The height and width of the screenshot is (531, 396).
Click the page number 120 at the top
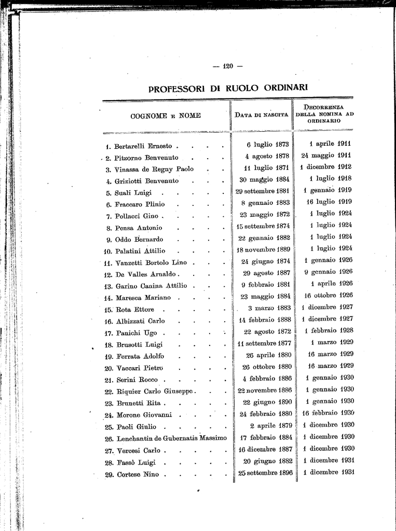click(x=228, y=66)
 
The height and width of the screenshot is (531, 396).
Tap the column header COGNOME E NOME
click(x=165, y=116)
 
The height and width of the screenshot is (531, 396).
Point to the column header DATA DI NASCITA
click(x=262, y=115)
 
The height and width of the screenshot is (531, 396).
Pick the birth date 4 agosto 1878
click(x=267, y=156)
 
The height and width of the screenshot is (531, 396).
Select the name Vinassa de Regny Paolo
click(x=154, y=169)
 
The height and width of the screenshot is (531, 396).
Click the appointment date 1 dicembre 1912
click(x=325, y=166)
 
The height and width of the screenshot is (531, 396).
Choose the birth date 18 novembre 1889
click(x=263, y=250)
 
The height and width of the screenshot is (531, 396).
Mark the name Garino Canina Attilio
click(x=152, y=286)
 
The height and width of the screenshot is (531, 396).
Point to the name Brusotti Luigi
click(x=139, y=344)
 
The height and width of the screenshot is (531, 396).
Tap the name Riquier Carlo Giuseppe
click(x=155, y=391)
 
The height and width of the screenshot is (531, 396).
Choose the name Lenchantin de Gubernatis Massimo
click(x=172, y=438)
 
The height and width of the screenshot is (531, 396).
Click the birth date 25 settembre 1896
click(x=265, y=473)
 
